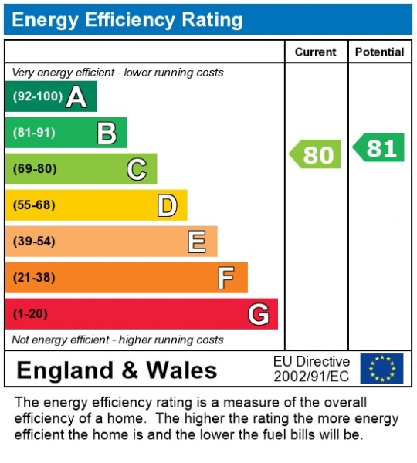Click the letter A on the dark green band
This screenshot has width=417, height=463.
tap(76, 96)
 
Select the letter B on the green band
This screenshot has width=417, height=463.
tap(107, 133)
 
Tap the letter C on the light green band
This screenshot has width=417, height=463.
tap(137, 169)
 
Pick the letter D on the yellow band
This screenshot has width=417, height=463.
tap(168, 205)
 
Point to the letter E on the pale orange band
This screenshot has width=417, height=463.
tap(197, 242)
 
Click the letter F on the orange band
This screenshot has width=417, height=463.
tap(226, 278)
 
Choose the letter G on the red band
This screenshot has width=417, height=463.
tap(259, 314)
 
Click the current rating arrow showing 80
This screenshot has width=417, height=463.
tap(315, 154)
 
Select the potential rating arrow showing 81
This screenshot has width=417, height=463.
tap(378, 147)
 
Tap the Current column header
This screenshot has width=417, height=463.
tap(316, 52)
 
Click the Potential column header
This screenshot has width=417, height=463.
tap(380, 52)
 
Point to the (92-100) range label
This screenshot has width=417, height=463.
tap(38, 96)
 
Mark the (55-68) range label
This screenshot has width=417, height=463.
tap(34, 205)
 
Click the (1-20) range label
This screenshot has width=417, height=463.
tap(30, 313)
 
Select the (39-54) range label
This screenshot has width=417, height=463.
tap(34, 242)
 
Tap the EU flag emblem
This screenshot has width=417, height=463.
tap(381, 369)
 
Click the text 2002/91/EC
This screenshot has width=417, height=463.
tap(311, 377)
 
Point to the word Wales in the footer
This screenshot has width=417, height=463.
tap(181, 370)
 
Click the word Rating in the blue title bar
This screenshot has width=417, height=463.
tap(212, 20)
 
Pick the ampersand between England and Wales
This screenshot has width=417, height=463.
tap(130, 370)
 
